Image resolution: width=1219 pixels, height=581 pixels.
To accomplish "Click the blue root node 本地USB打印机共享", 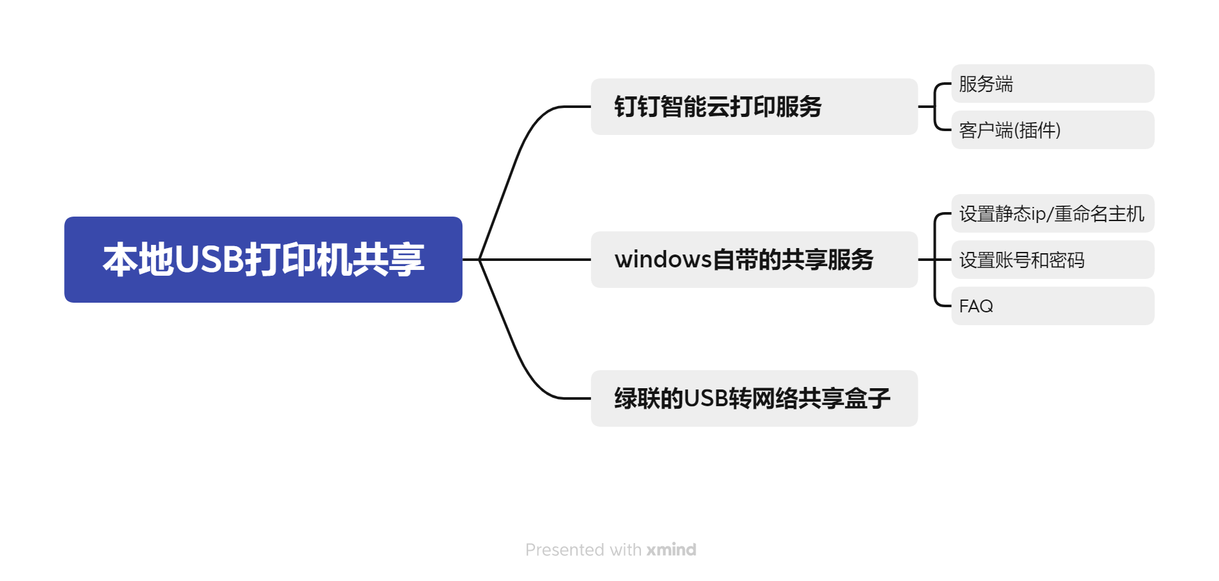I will tap(263, 260).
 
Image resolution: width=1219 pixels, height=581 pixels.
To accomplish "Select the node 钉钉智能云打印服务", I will tap(754, 107).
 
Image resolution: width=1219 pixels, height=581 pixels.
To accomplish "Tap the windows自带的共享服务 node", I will tap(754, 260).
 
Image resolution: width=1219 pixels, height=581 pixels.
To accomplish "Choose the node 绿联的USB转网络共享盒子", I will tap(754, 398).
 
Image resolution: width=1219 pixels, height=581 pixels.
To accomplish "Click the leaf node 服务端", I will tap(1052, 84).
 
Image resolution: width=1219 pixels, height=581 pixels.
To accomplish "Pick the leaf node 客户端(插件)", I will tap(1052, 130).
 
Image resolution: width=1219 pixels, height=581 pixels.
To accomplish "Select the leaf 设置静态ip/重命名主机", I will tap(1052, 213).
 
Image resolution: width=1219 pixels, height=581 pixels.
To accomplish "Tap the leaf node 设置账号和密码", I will tap(1052, 260).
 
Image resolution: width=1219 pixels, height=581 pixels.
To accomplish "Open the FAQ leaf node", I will tap(1052, 306).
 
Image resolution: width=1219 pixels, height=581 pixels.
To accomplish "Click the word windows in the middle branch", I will tap(663, 260).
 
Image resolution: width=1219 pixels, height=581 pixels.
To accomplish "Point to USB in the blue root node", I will tap(209, 260).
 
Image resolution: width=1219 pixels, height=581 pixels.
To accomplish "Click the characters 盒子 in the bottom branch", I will tap(868, 398).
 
